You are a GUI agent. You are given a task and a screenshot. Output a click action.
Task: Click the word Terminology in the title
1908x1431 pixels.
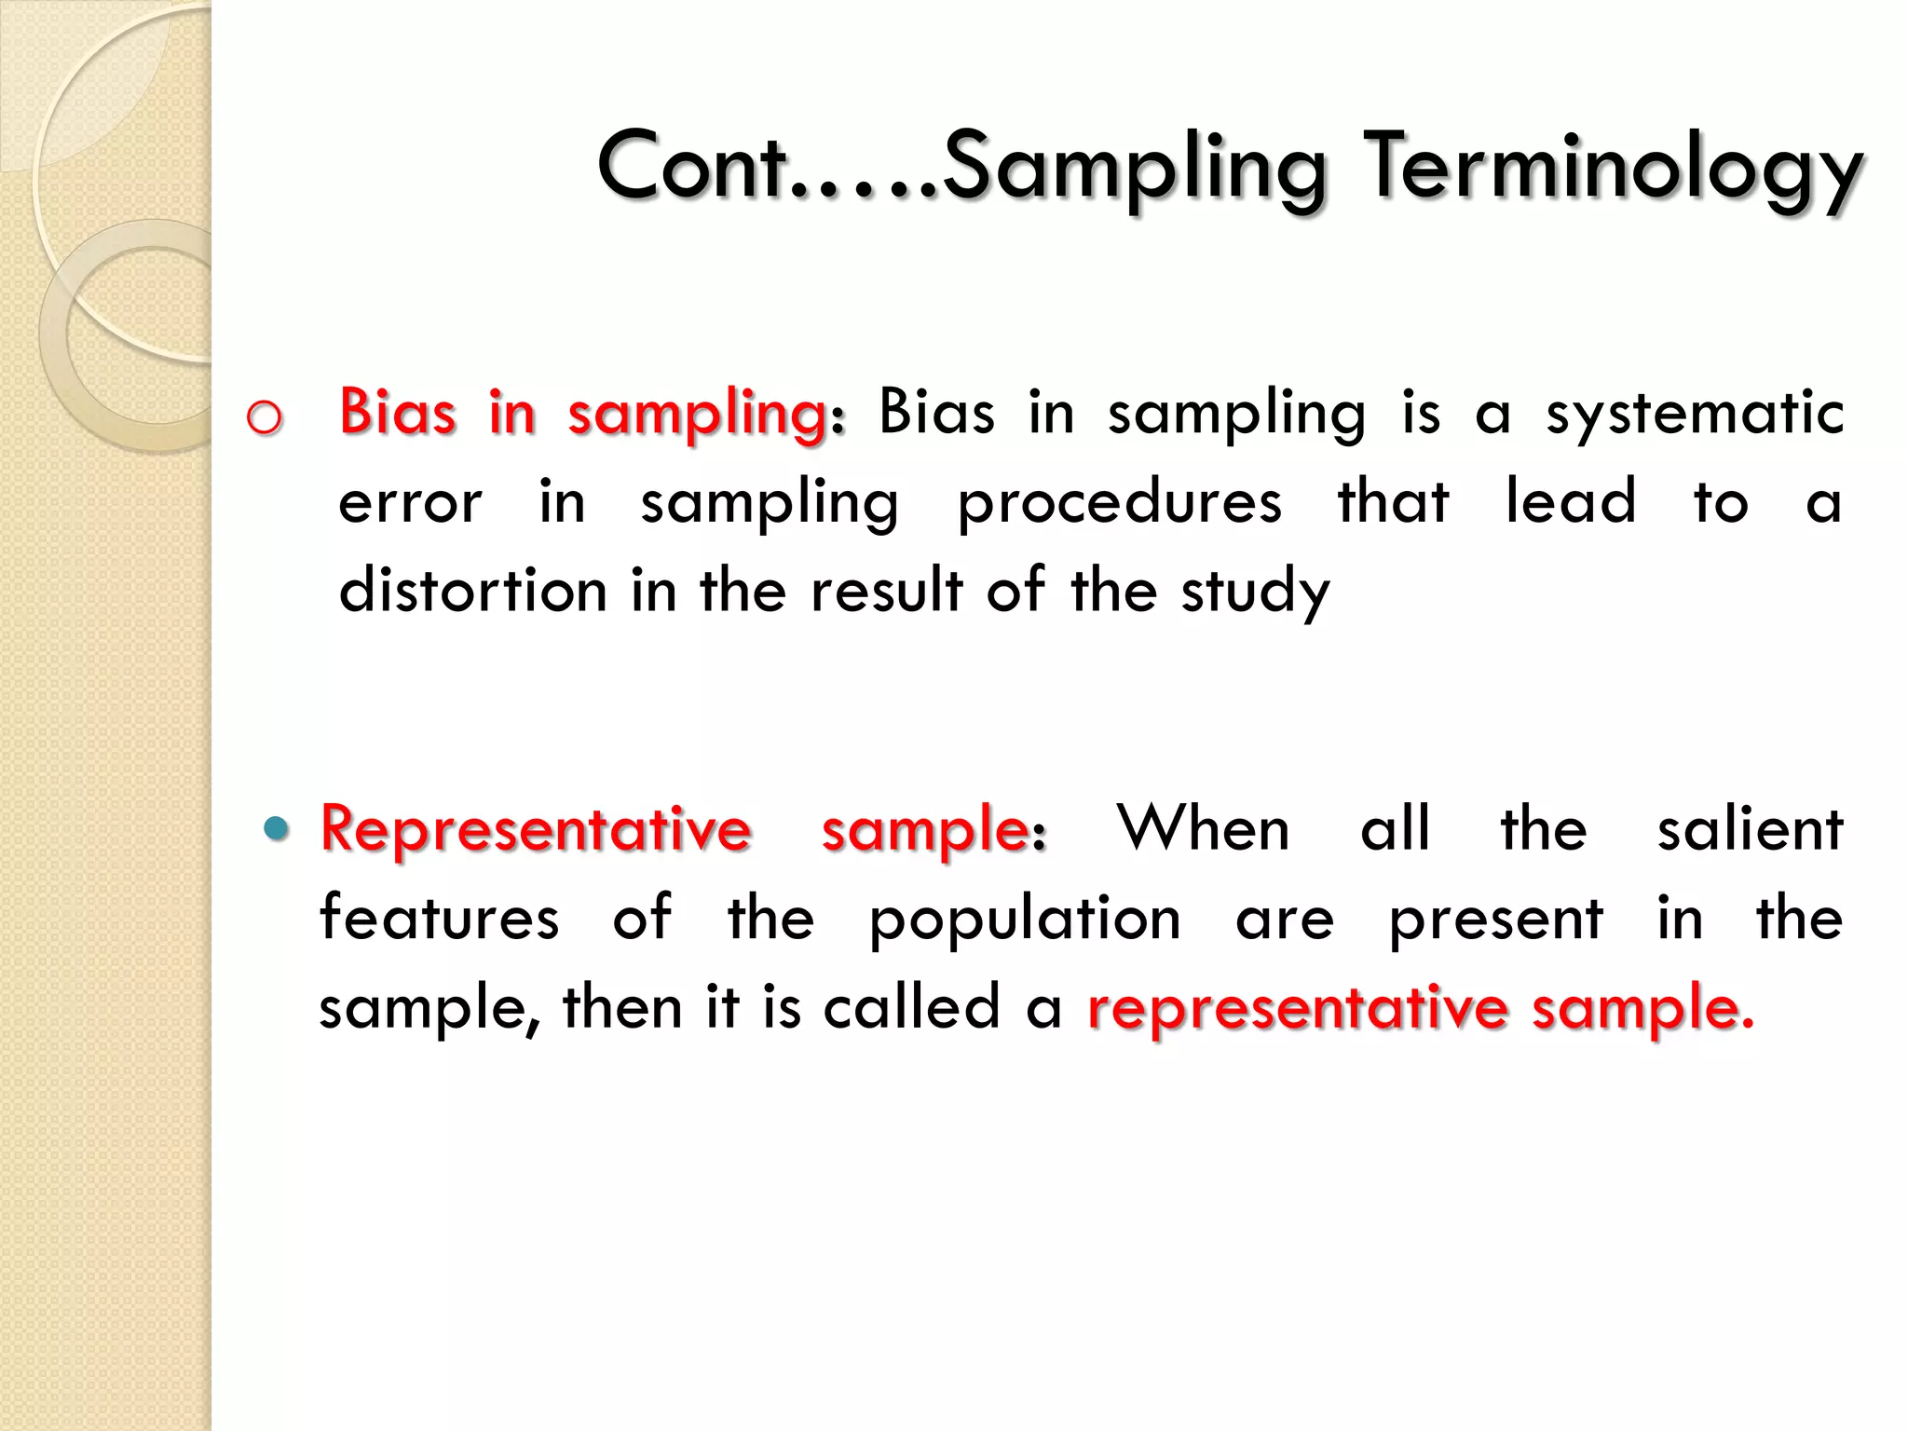(x=1616, y=168)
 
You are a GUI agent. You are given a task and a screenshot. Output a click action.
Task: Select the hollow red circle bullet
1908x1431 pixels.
(x=264, y=418)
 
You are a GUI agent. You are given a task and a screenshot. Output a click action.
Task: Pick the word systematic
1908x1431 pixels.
(x=1695, y=413)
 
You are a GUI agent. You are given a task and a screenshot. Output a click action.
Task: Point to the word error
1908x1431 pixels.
(x=410, y=503)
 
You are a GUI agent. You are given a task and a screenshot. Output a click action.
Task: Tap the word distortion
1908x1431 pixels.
(x=472, y=591)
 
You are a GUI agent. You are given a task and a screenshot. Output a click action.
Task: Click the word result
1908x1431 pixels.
(x=886, y=591)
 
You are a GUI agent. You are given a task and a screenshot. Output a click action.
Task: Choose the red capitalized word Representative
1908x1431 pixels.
(x=536, y=828)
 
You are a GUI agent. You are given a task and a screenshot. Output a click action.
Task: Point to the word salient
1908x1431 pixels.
(x=1750, y=828)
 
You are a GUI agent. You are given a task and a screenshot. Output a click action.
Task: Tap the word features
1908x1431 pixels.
(x=439, y=918)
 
